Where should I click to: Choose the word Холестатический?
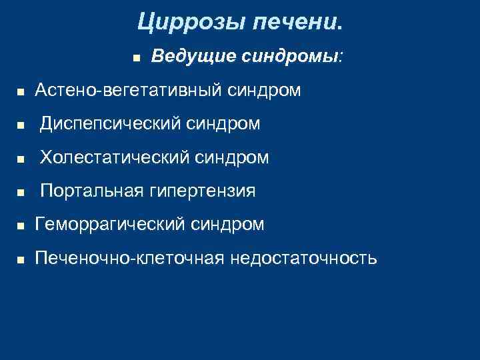114,157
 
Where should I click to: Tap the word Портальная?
91,191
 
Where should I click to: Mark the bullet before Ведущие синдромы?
135,58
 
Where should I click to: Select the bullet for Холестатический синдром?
20,159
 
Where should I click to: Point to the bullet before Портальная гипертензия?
20,193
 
